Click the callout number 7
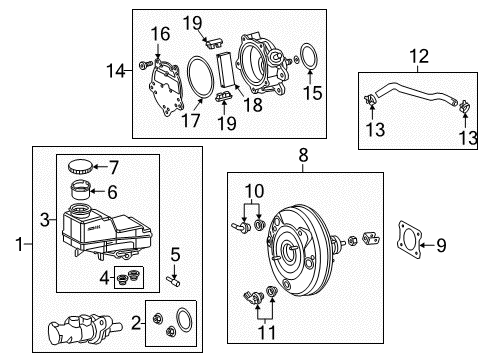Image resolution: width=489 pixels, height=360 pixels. pos(114,167)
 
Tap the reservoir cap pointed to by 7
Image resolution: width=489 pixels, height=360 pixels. pos(80,166)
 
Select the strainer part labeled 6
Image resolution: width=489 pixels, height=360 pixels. pos(80,189)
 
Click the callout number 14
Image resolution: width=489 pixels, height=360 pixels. pos(116,71)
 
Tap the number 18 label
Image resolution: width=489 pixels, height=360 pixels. pos(253,105)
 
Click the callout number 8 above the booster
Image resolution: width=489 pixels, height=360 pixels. pos(303,155)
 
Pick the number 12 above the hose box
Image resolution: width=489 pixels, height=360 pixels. pos(419,56)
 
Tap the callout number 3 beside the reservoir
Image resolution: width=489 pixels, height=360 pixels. pos(45,220)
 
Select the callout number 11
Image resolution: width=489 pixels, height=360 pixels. pos(267,332)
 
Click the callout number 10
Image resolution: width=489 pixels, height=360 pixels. pos(254,191)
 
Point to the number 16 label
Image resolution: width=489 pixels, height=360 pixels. pos(160,34)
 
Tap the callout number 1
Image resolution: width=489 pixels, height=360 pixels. pos(20,244)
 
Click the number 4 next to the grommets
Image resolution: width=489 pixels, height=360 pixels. pos(105,278)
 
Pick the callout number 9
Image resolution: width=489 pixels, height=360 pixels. pos(441,245)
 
